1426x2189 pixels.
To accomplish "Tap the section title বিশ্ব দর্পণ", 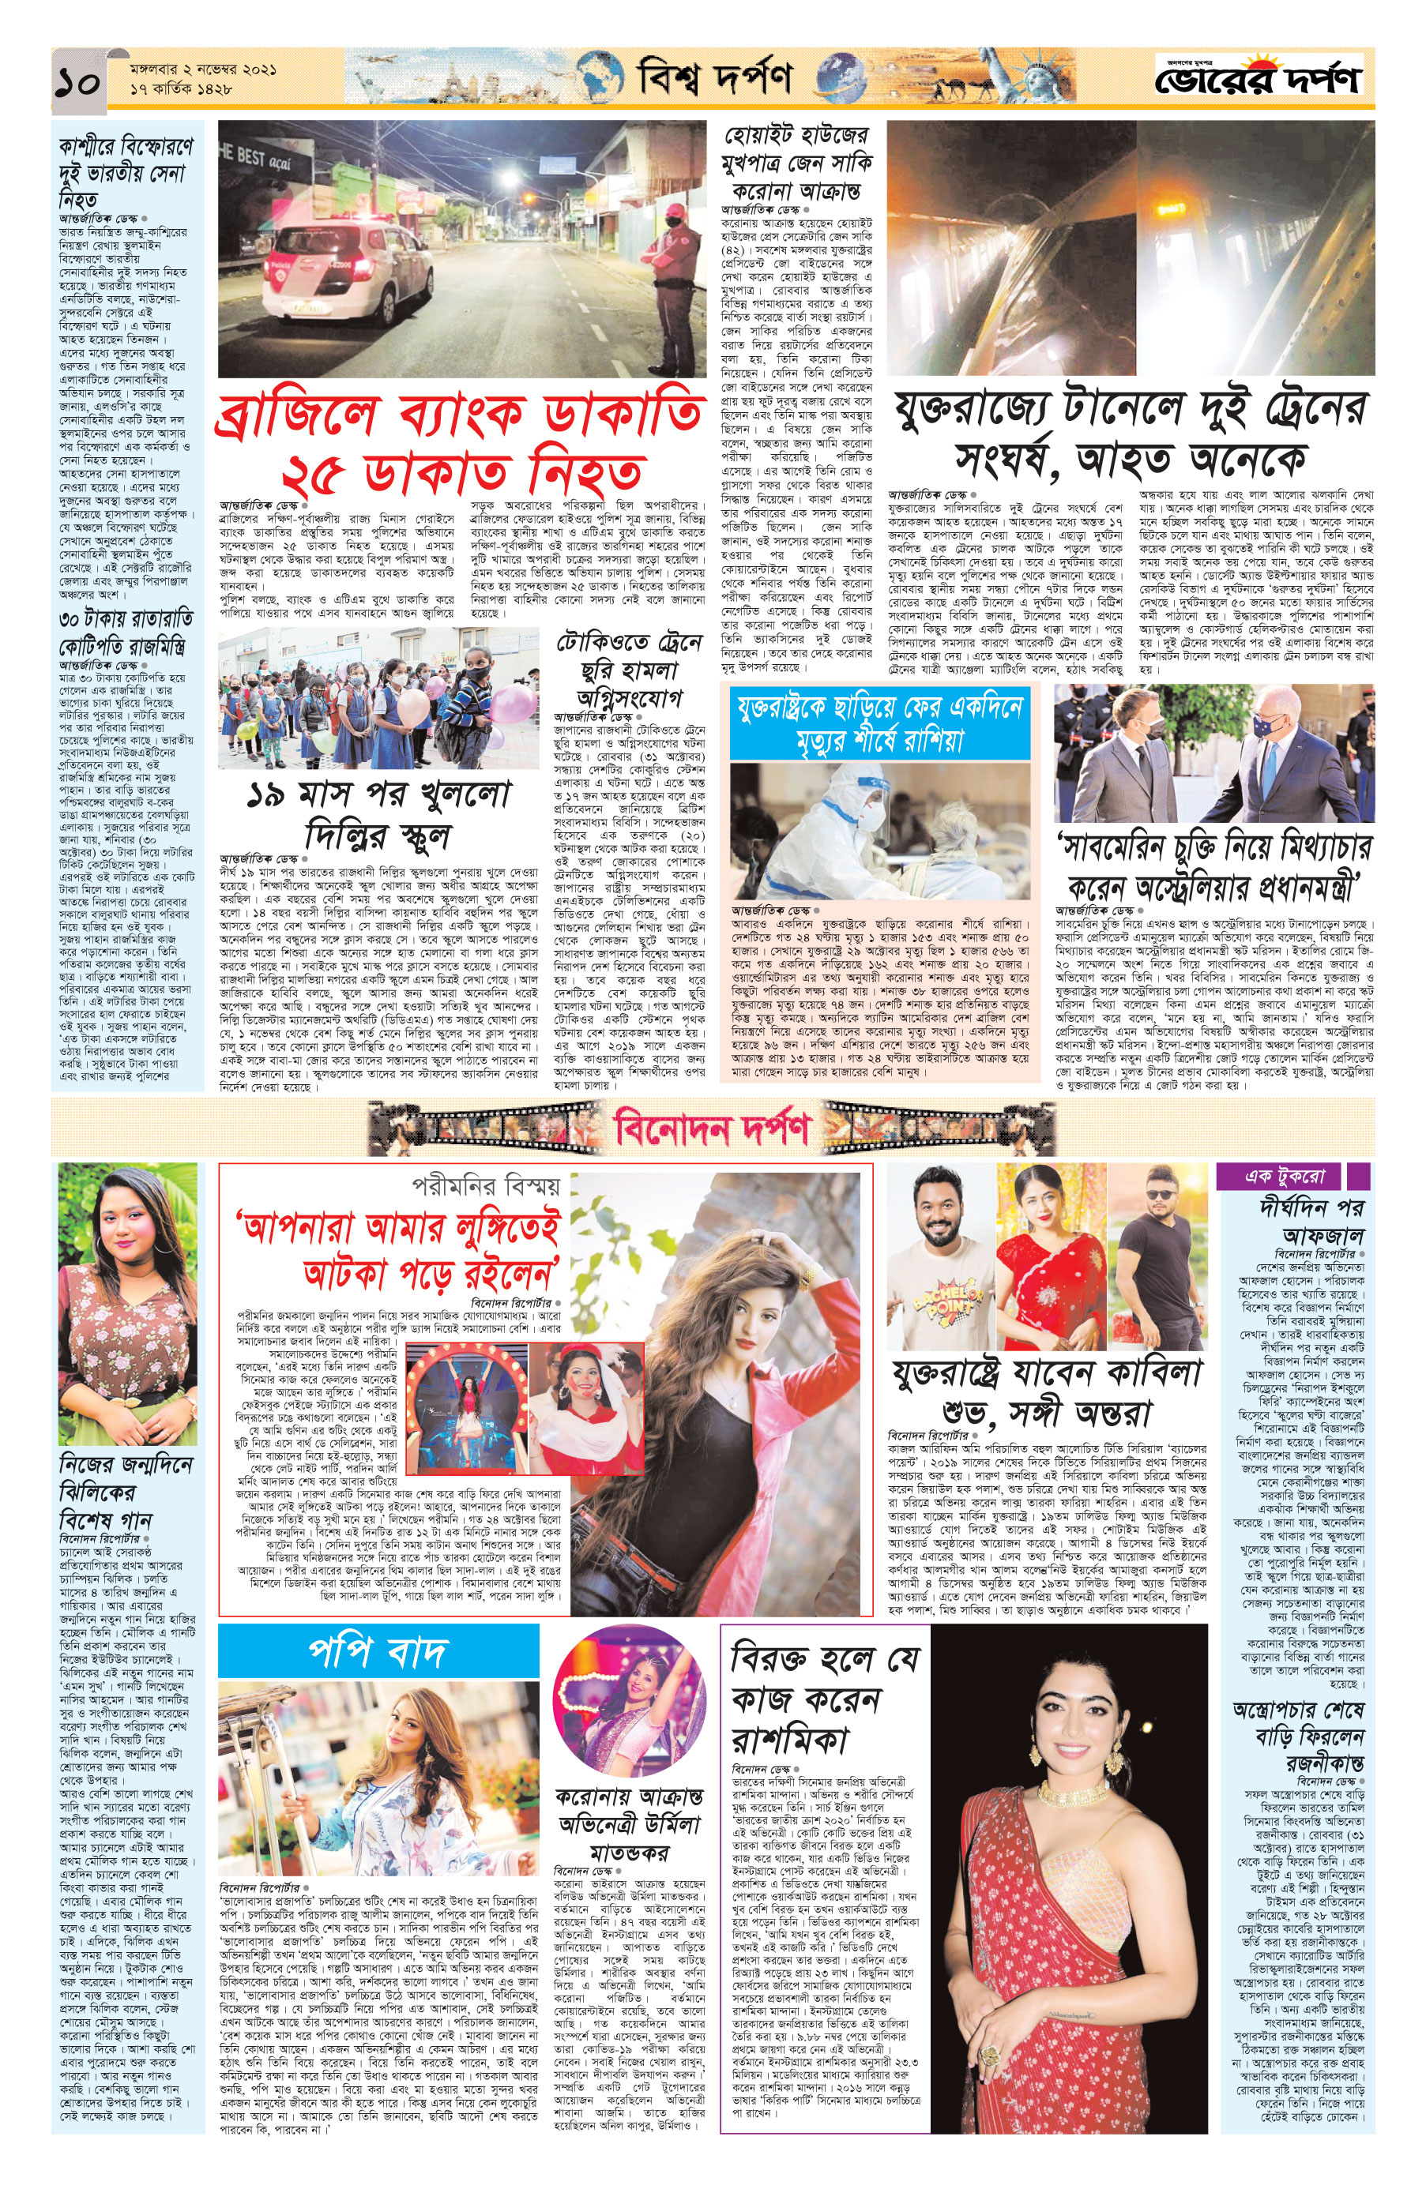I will [714, 78].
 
